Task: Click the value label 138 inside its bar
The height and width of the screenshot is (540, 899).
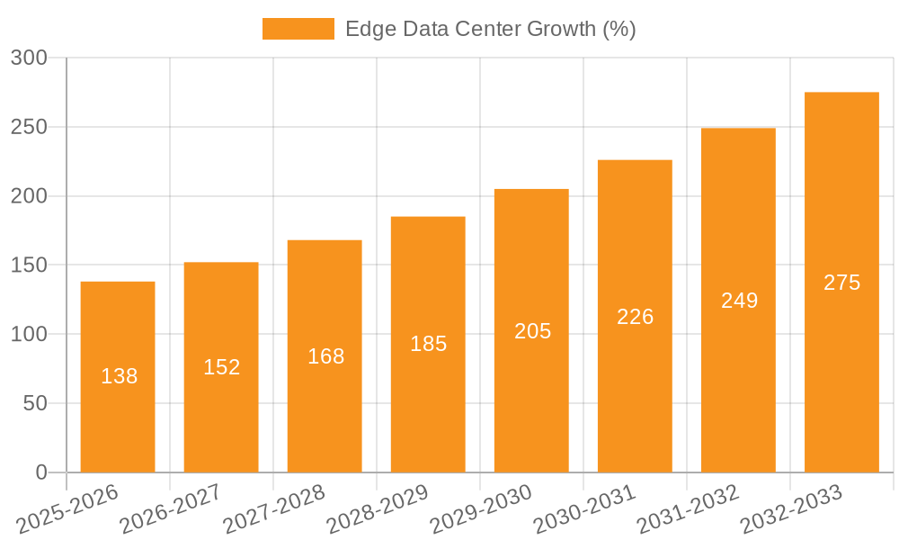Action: click(119, 377)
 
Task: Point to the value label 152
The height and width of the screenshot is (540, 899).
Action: click(221, 367)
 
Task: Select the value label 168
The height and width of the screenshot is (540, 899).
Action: click(325, 356)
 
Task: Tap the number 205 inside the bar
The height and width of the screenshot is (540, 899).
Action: click(532, 331)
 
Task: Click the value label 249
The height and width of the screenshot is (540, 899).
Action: click(739, 301)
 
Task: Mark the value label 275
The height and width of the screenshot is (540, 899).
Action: click(841, 283)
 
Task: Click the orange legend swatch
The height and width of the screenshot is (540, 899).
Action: click(298, 29)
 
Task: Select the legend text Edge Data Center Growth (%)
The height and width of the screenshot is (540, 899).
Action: click(490, 29)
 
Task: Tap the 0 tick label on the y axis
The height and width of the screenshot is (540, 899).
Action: click(40, 472)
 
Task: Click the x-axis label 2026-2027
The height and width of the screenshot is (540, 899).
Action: click(171, 508)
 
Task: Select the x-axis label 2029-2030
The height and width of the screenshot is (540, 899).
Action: click(481, 508)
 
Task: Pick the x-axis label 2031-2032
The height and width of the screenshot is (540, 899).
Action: click(688, 508)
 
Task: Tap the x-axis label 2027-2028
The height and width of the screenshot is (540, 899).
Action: click(274, 508)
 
